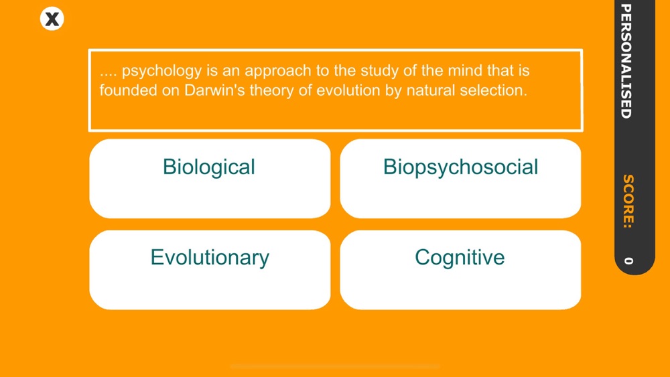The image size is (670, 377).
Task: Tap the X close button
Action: tap(52, 19)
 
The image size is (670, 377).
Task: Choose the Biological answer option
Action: tap(210, 179)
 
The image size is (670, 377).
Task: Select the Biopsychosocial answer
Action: tap(460, 179)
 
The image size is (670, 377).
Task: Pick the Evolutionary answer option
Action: tap(210, 270)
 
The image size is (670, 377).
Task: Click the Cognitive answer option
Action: tap(460, 270)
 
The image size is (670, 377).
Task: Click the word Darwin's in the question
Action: tap(214, 90)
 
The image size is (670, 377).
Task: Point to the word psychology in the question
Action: tap(161, 71)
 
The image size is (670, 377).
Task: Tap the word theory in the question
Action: tap(272, 91)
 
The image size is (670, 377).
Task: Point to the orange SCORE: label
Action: tap(628, 201)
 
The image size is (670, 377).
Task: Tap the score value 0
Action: tap(628, 260)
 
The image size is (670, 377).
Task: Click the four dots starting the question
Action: tap(108, 76)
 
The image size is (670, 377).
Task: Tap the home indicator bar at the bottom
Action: tap(335, 366)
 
